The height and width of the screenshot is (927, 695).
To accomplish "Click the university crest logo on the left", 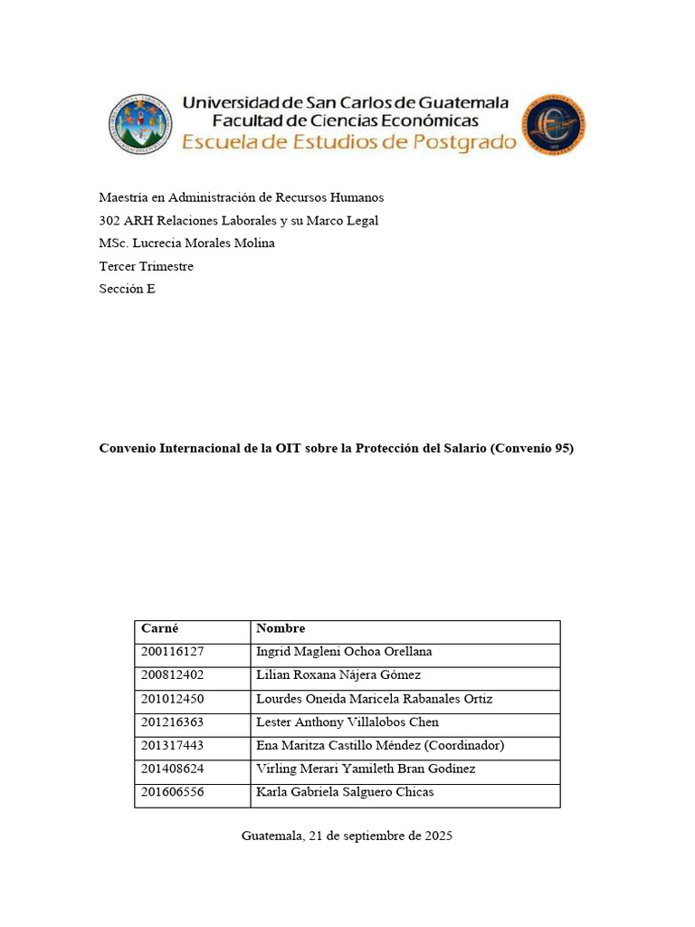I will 139,124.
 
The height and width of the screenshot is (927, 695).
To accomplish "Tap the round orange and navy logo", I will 555,124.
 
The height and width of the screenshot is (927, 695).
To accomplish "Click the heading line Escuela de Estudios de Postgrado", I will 349,142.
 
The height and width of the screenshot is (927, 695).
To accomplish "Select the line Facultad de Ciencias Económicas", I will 345,120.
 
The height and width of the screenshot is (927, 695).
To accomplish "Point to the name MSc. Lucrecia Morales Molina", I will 186,244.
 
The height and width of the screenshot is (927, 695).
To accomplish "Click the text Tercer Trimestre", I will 146,266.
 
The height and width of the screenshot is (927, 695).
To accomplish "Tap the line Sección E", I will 127,290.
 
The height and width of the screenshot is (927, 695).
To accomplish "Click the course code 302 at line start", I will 109,220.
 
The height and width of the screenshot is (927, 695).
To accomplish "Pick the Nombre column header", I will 281,628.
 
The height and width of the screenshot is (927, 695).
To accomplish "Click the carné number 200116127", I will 172,652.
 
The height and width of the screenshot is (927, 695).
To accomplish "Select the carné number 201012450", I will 172,699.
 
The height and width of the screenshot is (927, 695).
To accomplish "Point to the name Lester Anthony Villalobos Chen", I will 347,722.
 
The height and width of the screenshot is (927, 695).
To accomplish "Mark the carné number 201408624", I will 172,769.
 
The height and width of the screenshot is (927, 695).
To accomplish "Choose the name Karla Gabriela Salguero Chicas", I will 345,793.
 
